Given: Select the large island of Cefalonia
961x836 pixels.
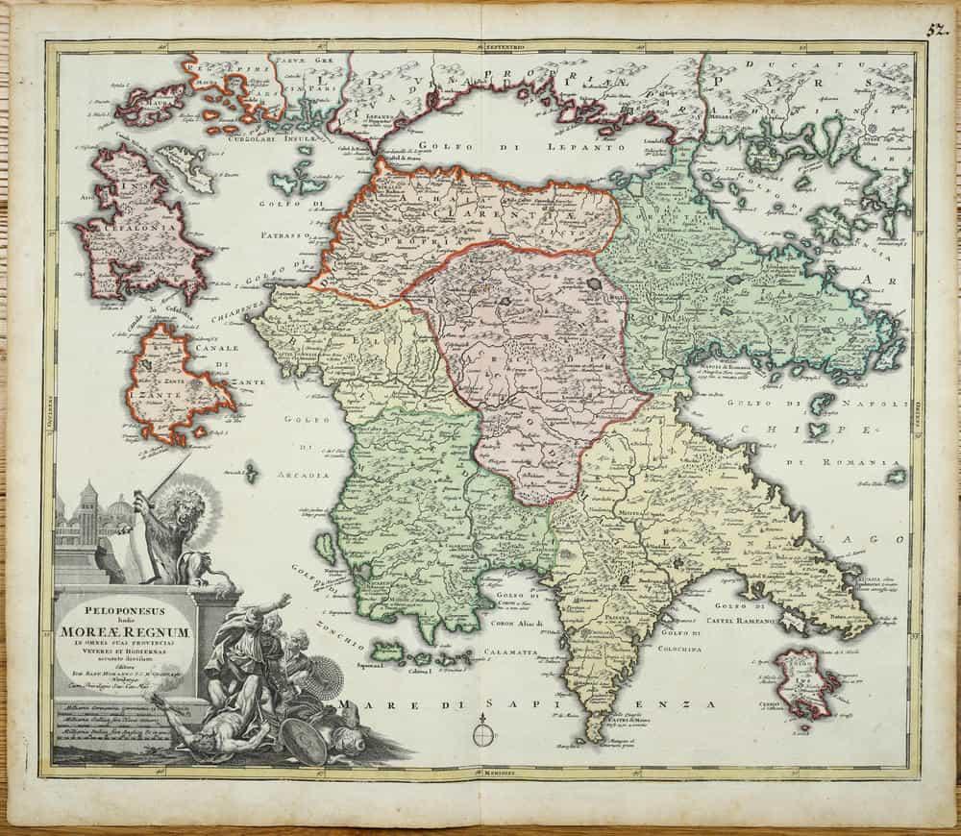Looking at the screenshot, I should [144, 226].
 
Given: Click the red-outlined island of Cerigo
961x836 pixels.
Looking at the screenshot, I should [806, 678].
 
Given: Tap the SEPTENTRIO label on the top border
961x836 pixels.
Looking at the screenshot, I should [496, 46].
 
